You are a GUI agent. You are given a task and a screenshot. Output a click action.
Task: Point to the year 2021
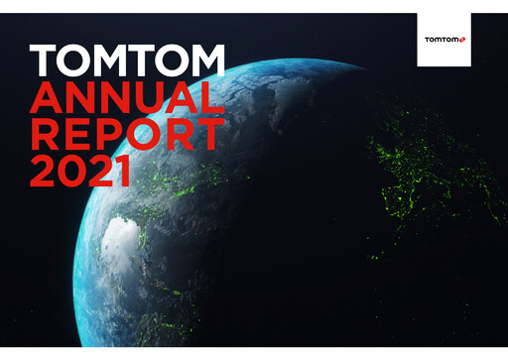click(80, 172)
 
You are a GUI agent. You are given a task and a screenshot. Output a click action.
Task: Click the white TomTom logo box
click(444, 41)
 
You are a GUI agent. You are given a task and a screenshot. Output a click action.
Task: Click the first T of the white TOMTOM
click(43, 62)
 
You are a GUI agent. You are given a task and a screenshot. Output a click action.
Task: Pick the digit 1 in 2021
click(123, 172)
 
